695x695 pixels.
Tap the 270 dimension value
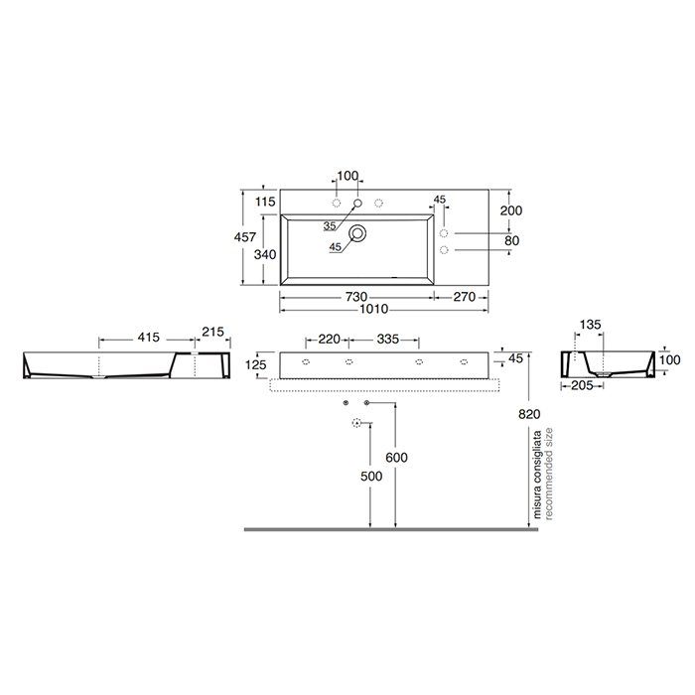(x=467, y=297)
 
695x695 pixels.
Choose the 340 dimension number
(x=265, y=255)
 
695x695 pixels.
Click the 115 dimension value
(x=265, y=203)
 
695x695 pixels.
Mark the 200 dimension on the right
(x=511, y=210)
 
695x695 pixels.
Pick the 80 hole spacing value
(x=511, y=239)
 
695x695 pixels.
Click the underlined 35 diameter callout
(x=328, y=225)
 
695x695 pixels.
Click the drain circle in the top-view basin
(x=358, y=234)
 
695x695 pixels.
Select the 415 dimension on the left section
(x=148, y=339)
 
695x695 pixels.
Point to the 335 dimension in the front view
(x=388, y=340)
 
